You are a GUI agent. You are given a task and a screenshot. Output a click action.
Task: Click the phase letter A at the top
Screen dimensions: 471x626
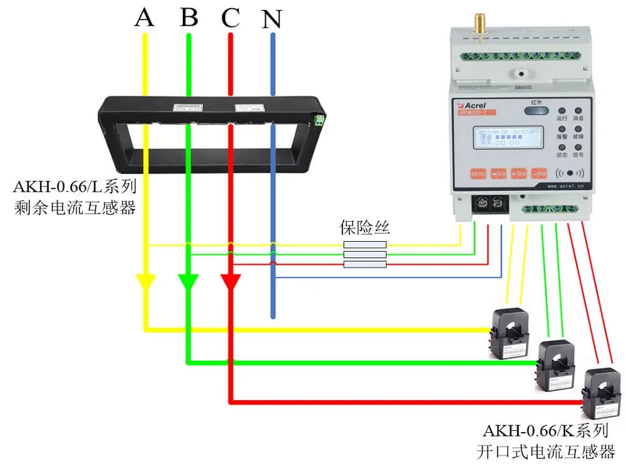[x=145, y=18]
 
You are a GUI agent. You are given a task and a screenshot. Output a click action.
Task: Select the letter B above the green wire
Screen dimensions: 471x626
[x=188, y=18]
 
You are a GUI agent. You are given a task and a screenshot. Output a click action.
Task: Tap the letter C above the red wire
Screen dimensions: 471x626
[x=230, y=19]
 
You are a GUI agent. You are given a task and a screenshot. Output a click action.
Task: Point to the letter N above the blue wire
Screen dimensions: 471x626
[x=272, y=20]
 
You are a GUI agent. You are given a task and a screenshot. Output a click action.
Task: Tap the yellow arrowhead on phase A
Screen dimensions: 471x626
[x=146, y=282]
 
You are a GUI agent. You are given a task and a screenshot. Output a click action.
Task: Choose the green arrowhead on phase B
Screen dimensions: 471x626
[x=188, y=282]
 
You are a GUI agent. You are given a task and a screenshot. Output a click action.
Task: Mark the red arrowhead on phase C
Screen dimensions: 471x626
[x=230, y=282]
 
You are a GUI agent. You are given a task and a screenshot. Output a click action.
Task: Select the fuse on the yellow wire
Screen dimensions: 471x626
[x=365, y=245]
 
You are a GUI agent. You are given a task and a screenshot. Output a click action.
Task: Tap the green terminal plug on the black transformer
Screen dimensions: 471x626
[x=320, y=119]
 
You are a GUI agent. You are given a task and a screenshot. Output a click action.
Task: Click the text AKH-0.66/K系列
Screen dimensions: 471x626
[x=545, y=432]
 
